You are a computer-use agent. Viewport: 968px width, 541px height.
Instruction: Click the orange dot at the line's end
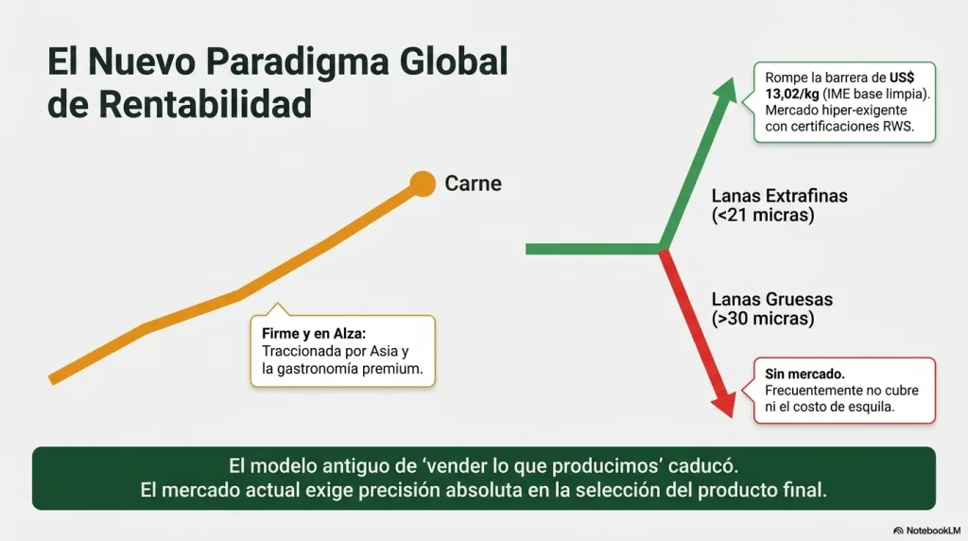pos(423,183)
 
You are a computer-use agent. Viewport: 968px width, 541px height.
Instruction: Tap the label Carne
pos(473,183)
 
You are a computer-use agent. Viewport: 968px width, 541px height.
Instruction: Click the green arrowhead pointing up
pos(726,92)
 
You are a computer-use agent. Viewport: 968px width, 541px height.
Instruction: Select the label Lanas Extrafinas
pos(779,197)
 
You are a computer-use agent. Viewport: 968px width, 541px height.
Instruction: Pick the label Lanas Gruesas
pos(771,300)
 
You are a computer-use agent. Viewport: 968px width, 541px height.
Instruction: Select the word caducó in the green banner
pos(702,466)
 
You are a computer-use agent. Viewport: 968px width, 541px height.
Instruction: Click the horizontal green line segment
pos(592,249)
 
